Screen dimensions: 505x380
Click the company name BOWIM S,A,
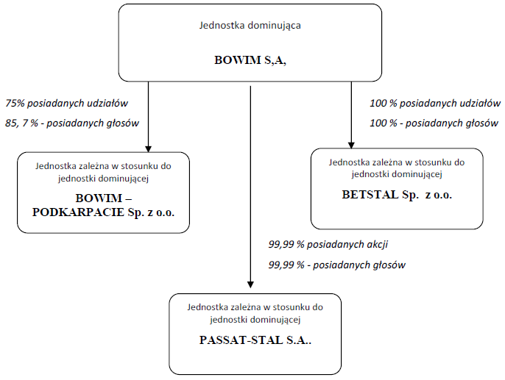coord(250,60)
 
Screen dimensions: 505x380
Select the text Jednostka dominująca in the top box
coord(250,26)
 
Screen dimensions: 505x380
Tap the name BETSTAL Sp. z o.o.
coord(397,195)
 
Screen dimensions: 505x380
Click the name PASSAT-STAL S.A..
coord(255,340)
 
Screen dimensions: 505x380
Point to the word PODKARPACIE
coord(78,212)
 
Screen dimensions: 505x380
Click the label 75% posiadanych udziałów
coord(67,103)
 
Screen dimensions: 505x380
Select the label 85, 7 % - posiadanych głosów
coord(72,123)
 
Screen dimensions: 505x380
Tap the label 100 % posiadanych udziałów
coord(435,103)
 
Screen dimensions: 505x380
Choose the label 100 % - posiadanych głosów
coord(434,123)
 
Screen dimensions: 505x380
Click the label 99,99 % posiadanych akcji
coord(328,245)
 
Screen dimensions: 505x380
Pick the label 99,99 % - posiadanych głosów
coord(337,265)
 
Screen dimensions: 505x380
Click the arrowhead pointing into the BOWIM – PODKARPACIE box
coord(148,149)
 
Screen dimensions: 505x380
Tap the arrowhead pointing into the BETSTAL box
coord(351,145)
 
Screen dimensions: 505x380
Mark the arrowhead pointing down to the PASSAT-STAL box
coord(250,284)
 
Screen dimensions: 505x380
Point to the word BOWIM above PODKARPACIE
coord(99,198)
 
